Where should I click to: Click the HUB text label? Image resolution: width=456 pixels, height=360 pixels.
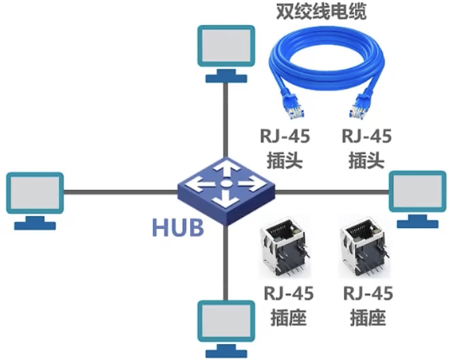pyautogui.click(x=178, y=227)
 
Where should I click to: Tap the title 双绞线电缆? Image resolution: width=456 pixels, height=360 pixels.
pyautogui.click(x=321, y=11)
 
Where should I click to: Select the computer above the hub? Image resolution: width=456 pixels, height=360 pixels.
pyautogui.click(x=226, y=54)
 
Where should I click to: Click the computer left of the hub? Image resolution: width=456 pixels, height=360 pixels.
pyautogui.click(x=34, y=201)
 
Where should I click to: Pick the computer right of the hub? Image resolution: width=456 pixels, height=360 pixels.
pyautogui.click(x=417, y=199)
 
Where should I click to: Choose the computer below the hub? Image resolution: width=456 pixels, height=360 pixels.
pyautogui.click(x=226, y=329)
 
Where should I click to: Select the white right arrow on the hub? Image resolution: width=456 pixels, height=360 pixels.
pyautogui.click(x=249, y=184)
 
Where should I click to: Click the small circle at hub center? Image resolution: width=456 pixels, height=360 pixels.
pyautogui.click(x=226, y=183)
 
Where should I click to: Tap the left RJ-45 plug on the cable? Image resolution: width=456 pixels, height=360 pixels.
pyautogui.click(x=293, y=107)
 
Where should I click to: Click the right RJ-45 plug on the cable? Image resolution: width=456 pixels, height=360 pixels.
pyautogui.click(x=361, y=107)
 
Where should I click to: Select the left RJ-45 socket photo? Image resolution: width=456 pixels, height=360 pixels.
pyautogui.click(x=285, y=246)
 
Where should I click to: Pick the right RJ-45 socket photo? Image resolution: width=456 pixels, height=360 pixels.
pyautogui.click(x=364, y=246)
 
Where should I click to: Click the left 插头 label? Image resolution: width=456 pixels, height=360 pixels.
pyautogui.click(x=284, y=161)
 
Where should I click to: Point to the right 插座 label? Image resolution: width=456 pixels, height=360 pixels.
pyautogui.click(x=368, y=318)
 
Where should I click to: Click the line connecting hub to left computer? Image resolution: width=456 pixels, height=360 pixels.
pyautogui.click(x=120, y=192)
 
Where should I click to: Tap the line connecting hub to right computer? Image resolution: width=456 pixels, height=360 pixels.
pyautogui.click(x=331, y=192)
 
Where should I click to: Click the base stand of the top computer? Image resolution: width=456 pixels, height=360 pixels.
pyautogui.click(x=226, y=77)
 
